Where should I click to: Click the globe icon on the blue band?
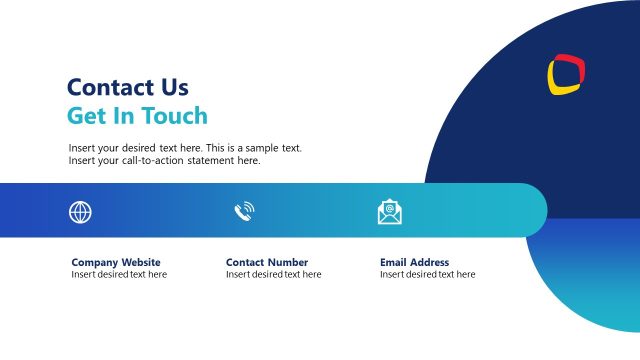80,212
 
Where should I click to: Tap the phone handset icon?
243,211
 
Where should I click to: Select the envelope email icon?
389,212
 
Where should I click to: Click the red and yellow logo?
566,75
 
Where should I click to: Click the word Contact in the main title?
108,88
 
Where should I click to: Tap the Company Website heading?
116,262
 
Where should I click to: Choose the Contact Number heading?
266,262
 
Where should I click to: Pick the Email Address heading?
414,262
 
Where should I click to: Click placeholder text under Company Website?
119,274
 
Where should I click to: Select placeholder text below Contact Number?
273,274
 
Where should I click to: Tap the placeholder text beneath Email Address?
427,274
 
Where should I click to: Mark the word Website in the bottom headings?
141,262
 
